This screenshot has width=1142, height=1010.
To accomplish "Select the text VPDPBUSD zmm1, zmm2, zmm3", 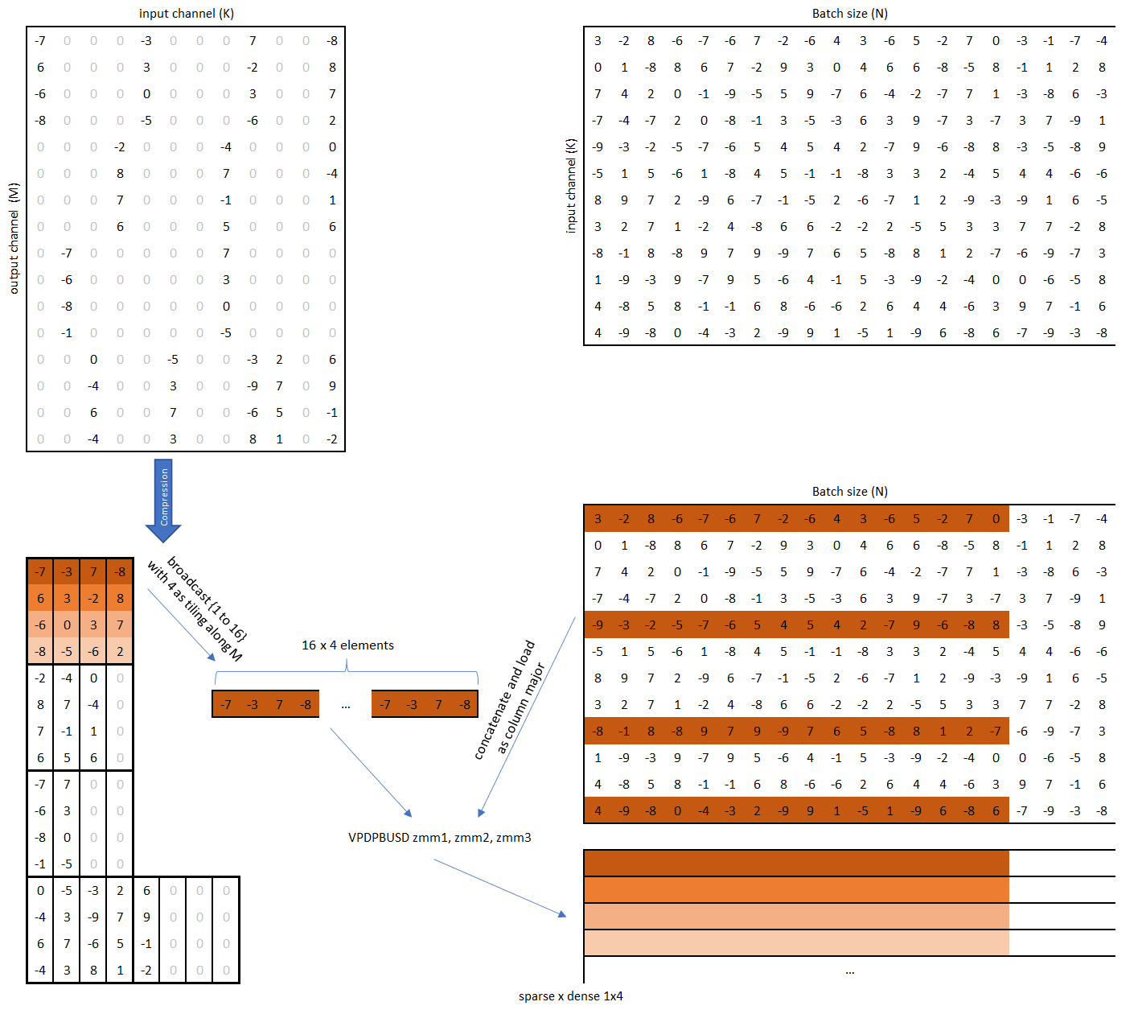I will (x=439, y=838).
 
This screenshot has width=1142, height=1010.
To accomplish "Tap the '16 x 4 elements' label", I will (x=347, y=645).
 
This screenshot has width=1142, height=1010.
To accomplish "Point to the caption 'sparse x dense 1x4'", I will (x=570, y=996).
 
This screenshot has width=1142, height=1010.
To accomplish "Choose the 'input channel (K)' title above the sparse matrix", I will (x=187, y=14).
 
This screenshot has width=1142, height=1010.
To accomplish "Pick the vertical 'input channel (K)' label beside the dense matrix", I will (x=571, y=186).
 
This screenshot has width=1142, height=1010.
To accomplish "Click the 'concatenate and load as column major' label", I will (x=510, y=699).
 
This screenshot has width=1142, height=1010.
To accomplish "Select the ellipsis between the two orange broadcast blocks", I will (x=346, y=706).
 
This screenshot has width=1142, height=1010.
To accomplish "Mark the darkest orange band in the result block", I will (x=796, y=864).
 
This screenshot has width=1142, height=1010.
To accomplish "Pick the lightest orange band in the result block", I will (x=796, y=943).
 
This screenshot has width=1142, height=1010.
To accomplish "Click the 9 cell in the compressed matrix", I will (x=146, y=917).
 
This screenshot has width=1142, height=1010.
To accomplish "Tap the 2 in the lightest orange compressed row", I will (x=120, y=652).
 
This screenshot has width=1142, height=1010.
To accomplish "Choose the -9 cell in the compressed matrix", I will (x=93, y=917).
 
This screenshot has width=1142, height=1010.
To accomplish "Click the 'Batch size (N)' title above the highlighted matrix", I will (x=849, y=492).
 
